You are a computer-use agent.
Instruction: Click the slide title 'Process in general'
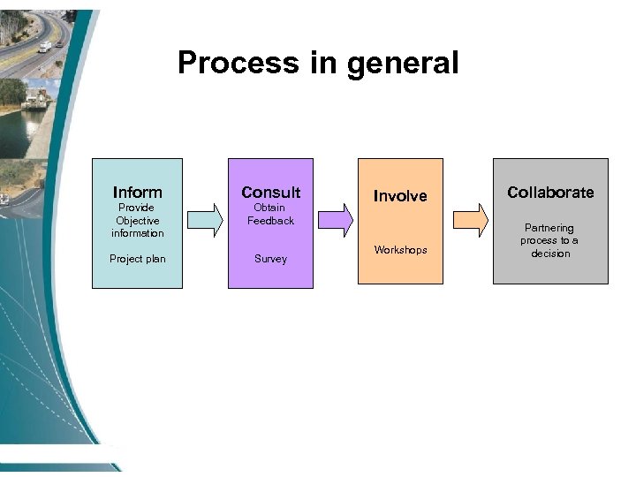(318, 63)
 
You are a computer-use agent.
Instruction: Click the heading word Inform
(138, 192)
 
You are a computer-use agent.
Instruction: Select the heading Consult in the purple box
(270, 192)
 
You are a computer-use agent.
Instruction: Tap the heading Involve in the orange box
(400, 196)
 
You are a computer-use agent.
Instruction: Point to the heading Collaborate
(550, 192)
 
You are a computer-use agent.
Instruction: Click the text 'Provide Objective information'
(138, 220)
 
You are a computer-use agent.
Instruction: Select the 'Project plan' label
(138, 259)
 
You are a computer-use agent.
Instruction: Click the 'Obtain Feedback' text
(270, 214)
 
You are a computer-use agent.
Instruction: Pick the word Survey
(270, 259)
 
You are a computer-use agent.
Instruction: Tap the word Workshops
(400, 250)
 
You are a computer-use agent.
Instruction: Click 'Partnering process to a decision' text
(549, 240)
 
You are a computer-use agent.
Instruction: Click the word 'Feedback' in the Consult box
(270, 221)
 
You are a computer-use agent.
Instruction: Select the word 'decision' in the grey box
(550, 254)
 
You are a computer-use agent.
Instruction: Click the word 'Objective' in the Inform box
(138, 221)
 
